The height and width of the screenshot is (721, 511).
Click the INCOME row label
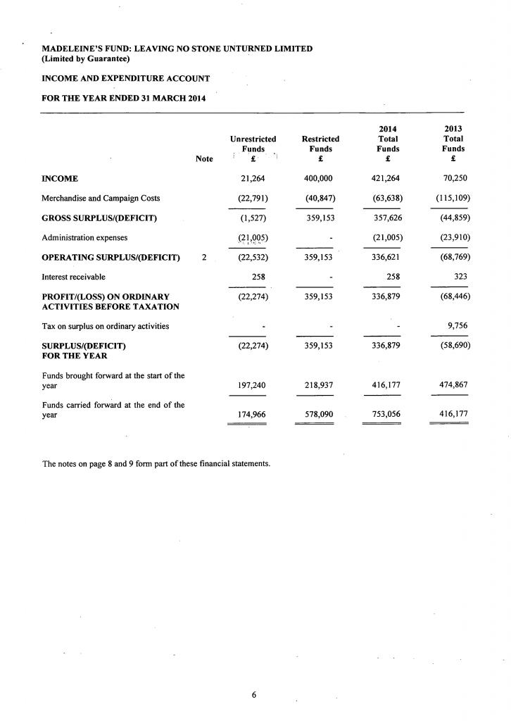(x=60, y=179)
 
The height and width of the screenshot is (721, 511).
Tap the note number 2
(x=204, y=257)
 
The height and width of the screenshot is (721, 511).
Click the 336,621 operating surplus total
(x=387, y=257)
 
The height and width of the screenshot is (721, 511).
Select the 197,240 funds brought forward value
(x=252, y=385)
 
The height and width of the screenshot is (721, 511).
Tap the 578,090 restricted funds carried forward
(x=318, y=415)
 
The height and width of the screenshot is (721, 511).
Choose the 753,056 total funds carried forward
(x=387, y=415)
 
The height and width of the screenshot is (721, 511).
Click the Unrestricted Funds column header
(x=253, y=144)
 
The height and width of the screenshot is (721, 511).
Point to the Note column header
(x=204, y=160)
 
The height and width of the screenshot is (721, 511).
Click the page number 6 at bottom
(x=254, y=695)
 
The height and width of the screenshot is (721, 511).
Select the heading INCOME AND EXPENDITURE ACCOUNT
(x=126, y=77)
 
